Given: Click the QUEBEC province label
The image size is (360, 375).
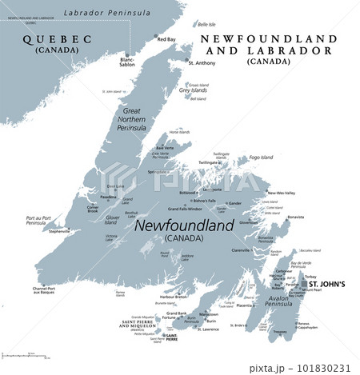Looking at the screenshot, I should coord(53,38).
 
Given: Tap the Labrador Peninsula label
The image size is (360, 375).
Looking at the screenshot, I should coord(107,14).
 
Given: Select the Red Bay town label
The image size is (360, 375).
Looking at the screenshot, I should coord(166,39).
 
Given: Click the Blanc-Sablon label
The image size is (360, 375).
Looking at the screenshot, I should coord(127,62).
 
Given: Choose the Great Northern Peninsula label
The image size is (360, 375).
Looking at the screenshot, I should coord(132,121).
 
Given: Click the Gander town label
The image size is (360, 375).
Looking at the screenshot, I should coord(236,203).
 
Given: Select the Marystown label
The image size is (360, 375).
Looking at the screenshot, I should coord(210,313).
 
